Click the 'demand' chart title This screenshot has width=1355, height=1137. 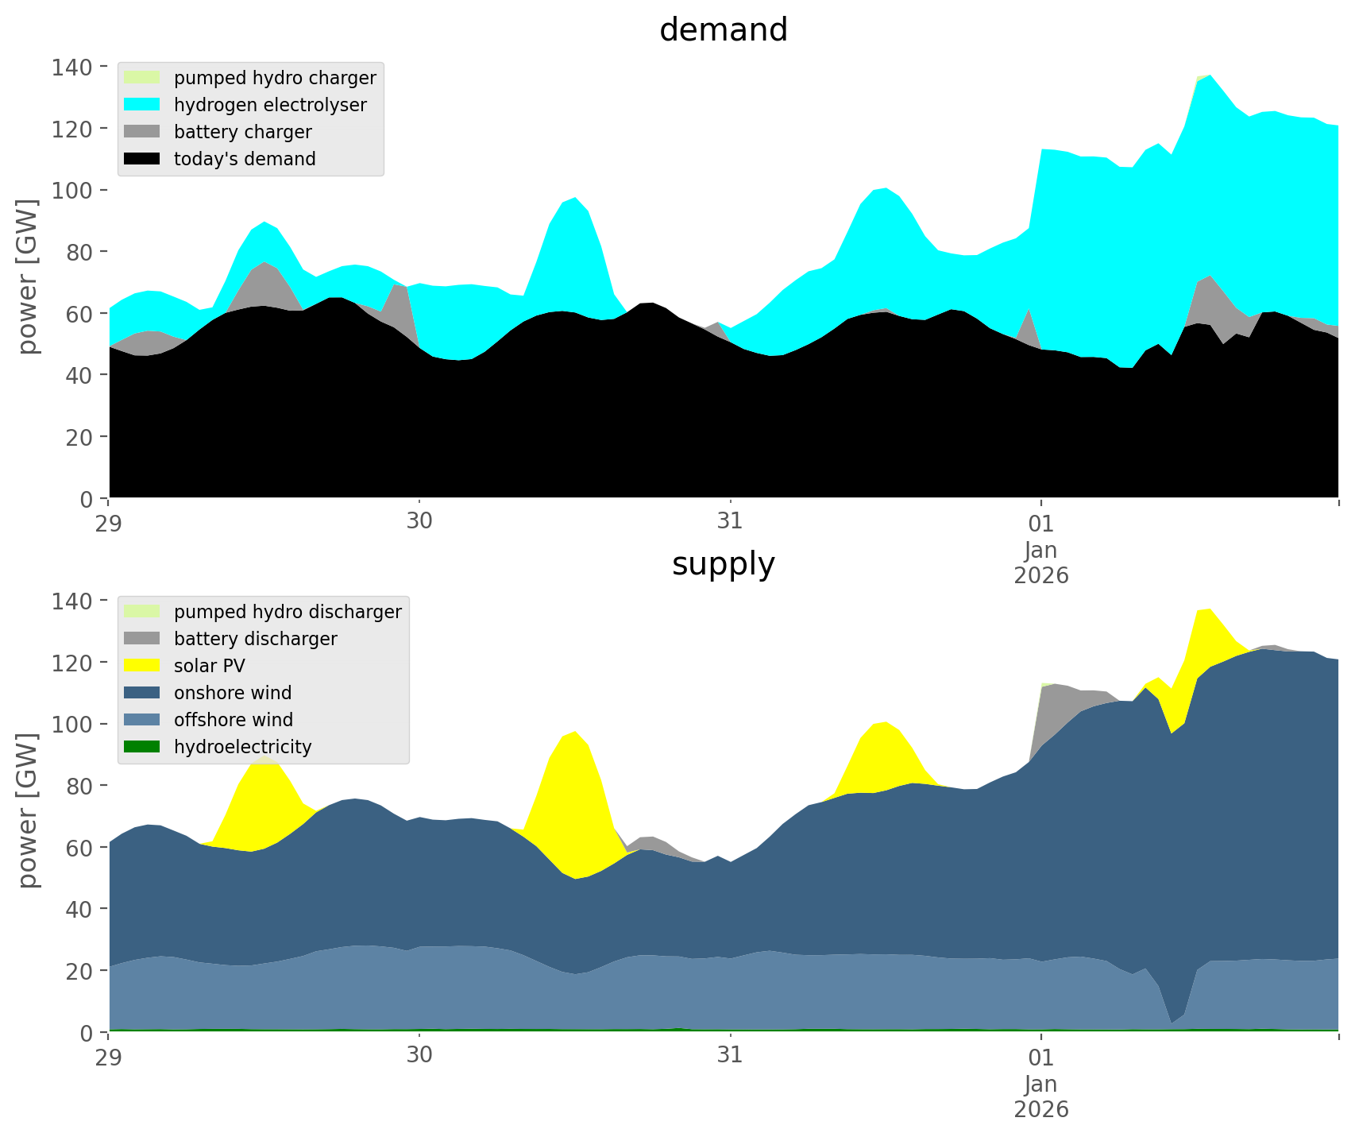point(723,30)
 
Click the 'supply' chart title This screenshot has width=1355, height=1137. point(723,564)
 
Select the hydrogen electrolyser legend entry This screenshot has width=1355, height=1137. point(270,105)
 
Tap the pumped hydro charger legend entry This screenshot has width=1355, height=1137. point(275,78)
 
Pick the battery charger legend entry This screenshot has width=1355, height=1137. point(242,132)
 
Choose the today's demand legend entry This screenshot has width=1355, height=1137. point(245,159)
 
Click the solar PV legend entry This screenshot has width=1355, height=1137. point(210,666)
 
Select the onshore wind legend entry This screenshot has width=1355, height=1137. point(233,693)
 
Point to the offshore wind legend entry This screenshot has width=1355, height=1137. point(234,720)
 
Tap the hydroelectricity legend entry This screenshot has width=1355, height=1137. point(242,747)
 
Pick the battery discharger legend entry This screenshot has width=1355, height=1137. point(255,639)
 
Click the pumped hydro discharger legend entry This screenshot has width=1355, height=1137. point(288,612)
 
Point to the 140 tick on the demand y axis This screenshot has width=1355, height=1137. point(74,67)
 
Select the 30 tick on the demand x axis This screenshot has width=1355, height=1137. point(419,523)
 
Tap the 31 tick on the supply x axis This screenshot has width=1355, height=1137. point(730,1057)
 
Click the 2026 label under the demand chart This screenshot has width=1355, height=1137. point(1041,575)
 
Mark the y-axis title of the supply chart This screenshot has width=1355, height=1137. point(29,810)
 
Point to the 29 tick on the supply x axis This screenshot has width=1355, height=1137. point(110,1057)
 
